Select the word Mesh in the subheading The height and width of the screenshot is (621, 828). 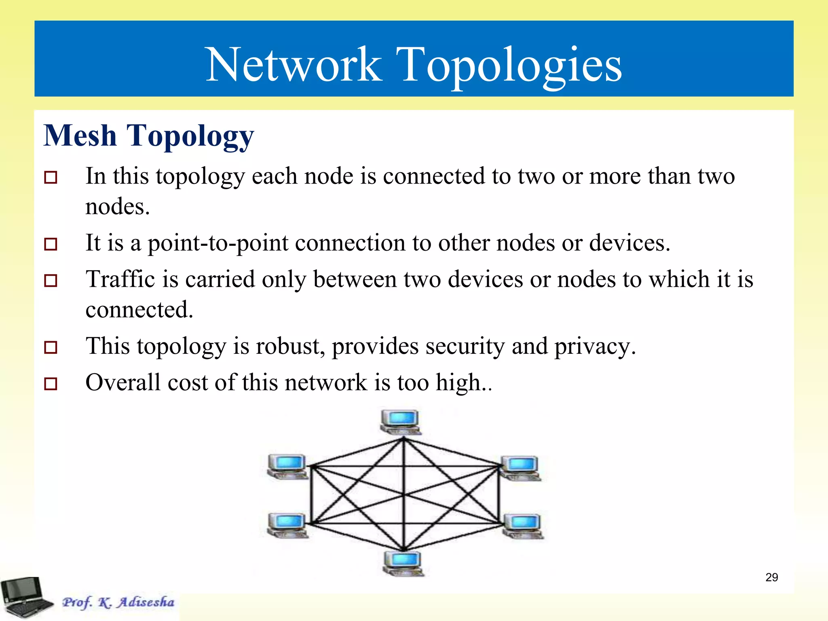80,135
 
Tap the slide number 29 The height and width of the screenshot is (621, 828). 771,577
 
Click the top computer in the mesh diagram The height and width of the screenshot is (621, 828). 400,422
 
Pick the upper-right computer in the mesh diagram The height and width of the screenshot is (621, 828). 521,468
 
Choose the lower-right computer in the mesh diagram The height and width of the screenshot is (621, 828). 523,526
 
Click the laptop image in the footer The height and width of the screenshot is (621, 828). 25,597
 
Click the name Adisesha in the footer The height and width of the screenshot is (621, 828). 146,602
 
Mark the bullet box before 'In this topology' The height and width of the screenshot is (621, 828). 51,177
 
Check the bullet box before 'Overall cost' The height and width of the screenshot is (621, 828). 51,384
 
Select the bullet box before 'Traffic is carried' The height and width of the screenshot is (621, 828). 51,281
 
